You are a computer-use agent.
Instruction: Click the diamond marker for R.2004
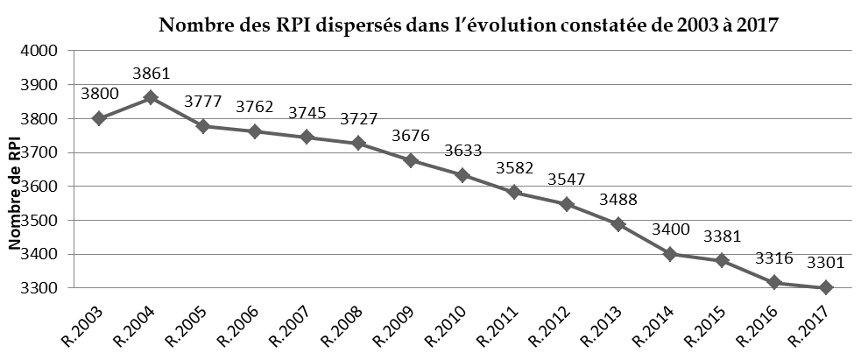point(151,98)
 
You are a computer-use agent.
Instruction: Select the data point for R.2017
point(825,288)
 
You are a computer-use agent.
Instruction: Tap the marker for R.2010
point(462,175)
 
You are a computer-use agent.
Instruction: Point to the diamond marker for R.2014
point(670,254)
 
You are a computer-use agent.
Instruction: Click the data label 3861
point(151,74)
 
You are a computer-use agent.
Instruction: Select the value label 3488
point(618,200)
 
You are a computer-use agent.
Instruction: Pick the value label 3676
point(411,136)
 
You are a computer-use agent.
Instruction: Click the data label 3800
point(98,95)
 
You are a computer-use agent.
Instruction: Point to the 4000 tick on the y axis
point(39,51)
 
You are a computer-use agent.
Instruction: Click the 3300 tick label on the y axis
point(39,288)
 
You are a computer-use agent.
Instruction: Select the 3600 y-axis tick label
point(39,187)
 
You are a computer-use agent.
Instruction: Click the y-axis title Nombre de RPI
point(15,194)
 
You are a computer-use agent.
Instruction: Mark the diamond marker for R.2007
point(307,137)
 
